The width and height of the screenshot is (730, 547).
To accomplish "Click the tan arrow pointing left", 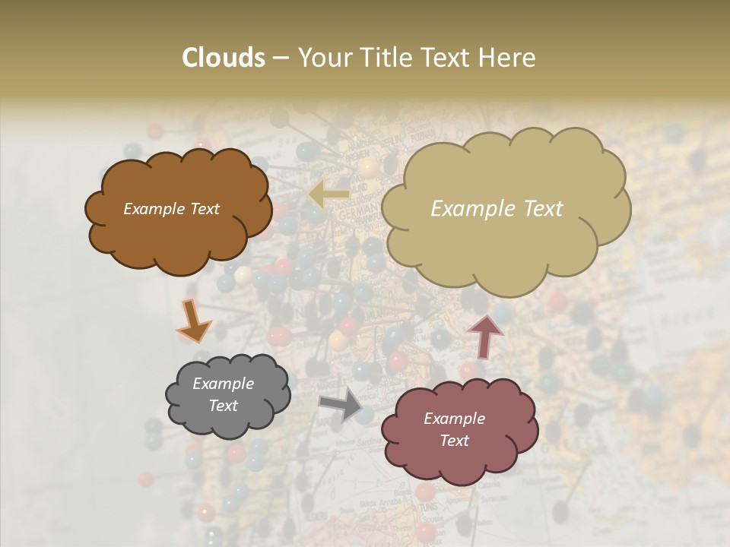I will coord(329,195).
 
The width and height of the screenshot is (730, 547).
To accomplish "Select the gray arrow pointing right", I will coord(341,404).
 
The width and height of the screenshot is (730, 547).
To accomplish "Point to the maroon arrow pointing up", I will coord(484,336).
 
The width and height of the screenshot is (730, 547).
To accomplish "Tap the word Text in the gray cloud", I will coord(224,406).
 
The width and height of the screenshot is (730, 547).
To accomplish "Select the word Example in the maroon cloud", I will coord(454,419).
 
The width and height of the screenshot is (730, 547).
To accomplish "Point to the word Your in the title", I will coord(322,58).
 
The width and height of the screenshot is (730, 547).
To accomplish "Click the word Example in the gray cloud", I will coord(224,384).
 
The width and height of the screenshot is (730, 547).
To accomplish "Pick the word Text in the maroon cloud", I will coord(454,441).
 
